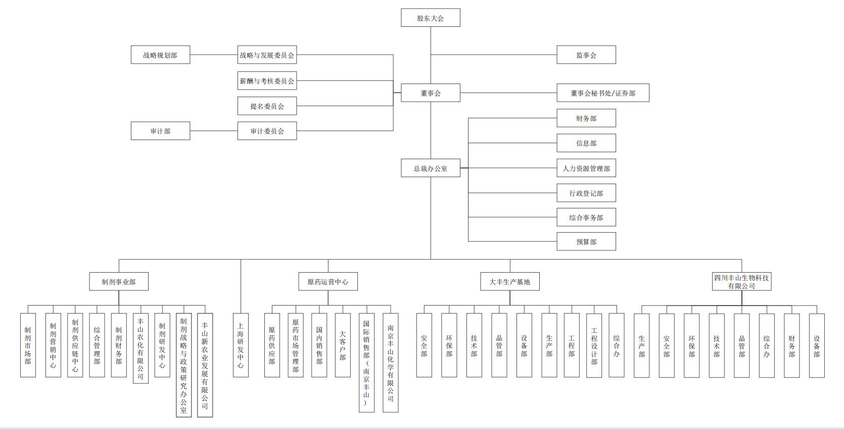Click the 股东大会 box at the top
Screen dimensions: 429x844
[431, 18]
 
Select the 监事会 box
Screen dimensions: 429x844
[586, 55]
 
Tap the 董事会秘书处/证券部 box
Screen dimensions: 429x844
[603, 93]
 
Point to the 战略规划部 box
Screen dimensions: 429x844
[160, 55]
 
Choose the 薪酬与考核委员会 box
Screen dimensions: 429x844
[267, 80]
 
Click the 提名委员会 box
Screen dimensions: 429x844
[267, 106]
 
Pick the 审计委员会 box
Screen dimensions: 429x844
[267, 131]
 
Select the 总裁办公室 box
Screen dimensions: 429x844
[431, 168]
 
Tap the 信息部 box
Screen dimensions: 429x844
[586, 143]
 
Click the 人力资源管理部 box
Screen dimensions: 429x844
[586, 168]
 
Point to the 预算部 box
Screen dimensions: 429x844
[586, 241]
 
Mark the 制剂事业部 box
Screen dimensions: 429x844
[119, 281]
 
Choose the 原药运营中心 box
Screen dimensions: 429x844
[328, 281]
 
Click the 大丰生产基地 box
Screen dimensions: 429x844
[510, 281]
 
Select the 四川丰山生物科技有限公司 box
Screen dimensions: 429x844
[742, 281]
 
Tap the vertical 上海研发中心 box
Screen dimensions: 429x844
[241, 345]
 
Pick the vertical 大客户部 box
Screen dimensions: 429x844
[343, 345]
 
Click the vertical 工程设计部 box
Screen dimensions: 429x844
[594, 345]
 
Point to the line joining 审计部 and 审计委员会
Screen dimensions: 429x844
[214, 131]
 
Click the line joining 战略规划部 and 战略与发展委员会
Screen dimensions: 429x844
[214, 55]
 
